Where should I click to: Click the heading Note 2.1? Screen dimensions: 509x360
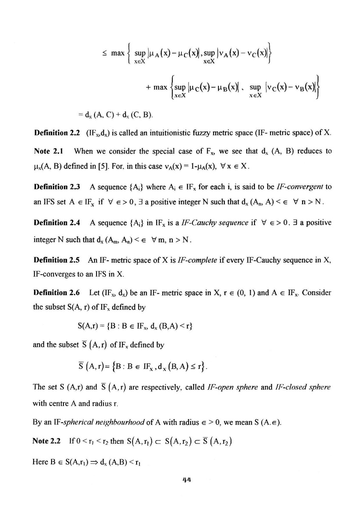point(45,151)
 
